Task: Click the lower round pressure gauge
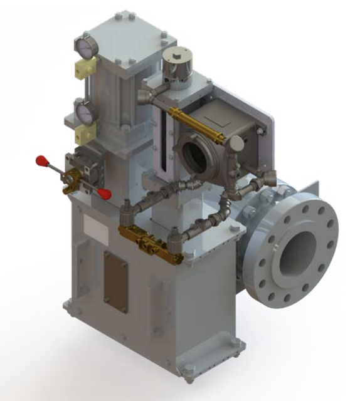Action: [83, 111]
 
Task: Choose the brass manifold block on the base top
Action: [149, 244]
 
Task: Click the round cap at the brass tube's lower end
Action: [236, 144]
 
